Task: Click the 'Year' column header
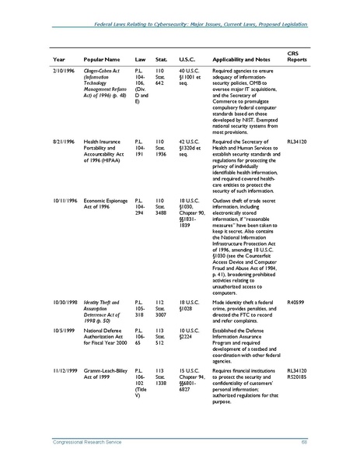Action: tap(59, 59)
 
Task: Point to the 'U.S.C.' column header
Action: tap(187, 59)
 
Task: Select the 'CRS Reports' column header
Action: tap(299, 55)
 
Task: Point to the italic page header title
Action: tap(201, 27)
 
